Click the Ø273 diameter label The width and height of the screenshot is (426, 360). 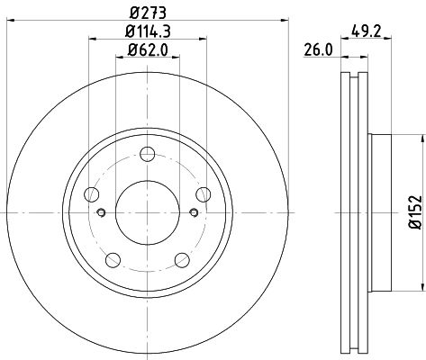tap(149, 13)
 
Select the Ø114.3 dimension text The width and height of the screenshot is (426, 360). tap(149, 34)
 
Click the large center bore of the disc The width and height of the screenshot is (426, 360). tap(149, 208)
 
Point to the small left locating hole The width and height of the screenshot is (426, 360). tap(102, 212)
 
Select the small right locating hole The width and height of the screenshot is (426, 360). tap(195, 212)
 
